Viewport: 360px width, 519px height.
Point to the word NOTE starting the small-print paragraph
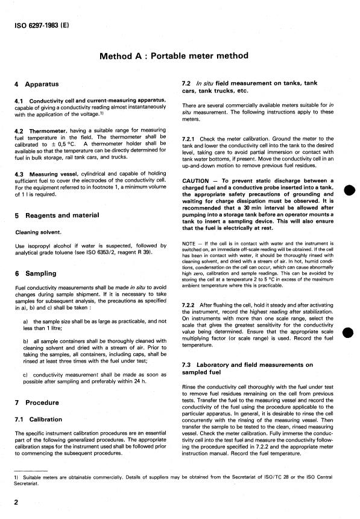click(x=189, y=243)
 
